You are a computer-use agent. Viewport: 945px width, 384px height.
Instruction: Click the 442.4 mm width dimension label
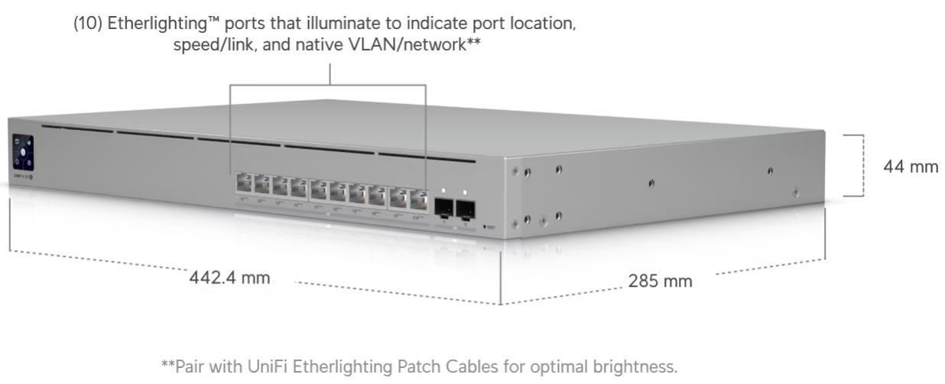[x=229, y=278]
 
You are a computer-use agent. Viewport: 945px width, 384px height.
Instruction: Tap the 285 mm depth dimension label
[x=660, y=281]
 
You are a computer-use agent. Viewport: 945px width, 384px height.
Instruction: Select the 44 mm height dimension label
[x=911, y=167]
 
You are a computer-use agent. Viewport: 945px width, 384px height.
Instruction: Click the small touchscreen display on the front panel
[x=23, y=152]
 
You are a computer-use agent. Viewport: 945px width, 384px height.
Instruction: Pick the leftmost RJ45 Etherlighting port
[x=244, y=184]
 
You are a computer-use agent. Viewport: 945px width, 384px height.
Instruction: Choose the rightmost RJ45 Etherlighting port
[x=417, y=200]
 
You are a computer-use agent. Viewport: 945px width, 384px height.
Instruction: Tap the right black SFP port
[x=465, y=208]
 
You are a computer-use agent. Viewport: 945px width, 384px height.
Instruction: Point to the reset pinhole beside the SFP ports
[x=485, y=227]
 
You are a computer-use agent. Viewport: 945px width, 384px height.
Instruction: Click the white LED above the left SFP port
[x=443, y=190]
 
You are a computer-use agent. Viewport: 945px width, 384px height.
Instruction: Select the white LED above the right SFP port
[x=464, y=191]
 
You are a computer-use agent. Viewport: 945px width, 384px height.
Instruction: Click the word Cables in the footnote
[x=456, y=367]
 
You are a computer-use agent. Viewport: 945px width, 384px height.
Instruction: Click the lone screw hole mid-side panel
[x=651, y=183]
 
